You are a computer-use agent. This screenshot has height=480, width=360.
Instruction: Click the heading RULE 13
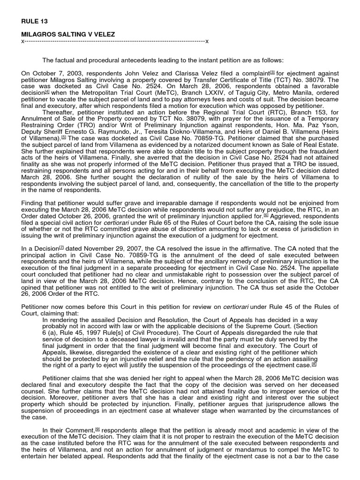pyautogui.click(x=34, y=21)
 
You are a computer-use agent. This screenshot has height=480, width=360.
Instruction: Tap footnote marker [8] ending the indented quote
pyautogui.click(x=314, y=364)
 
